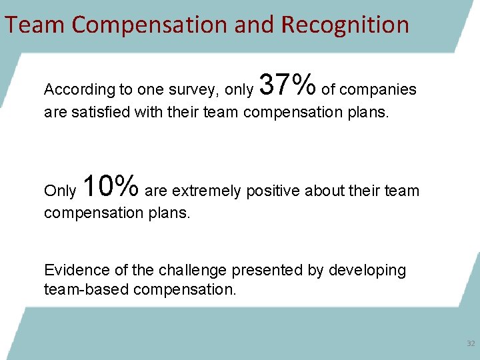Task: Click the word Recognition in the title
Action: (x=345, y=25)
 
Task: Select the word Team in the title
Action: (x=35, y=25)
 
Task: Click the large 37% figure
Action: (x=287, y=85)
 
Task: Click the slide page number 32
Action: (x=471, y=343)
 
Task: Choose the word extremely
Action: (x=209, y=191)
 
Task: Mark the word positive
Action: (x=273, y=191)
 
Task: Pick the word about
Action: (x=323, y=191)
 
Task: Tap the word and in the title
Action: (x=254, y=25)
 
